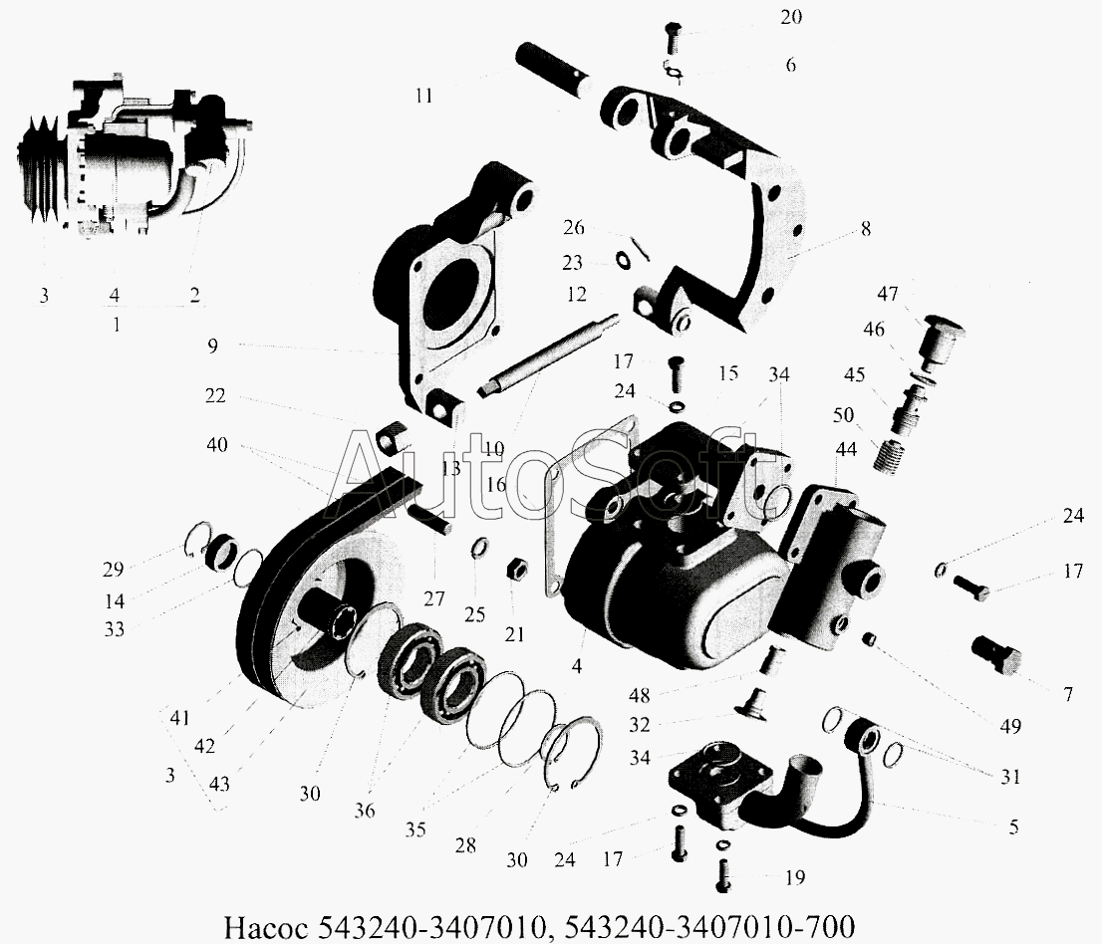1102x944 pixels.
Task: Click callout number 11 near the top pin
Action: (423, 96)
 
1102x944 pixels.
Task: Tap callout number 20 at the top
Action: (791, 17)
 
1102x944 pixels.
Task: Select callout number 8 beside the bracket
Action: (865, 229)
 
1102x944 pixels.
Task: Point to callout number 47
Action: (888, 294)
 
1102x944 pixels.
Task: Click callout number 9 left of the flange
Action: (212, 346)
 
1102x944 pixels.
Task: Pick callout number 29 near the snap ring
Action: (113, 570)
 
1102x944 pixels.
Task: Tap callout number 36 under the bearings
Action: (364, 811)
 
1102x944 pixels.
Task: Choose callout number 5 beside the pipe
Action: (1013, 826)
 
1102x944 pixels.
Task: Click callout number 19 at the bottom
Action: (795, 878)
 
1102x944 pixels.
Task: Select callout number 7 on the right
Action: (1067, 695)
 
